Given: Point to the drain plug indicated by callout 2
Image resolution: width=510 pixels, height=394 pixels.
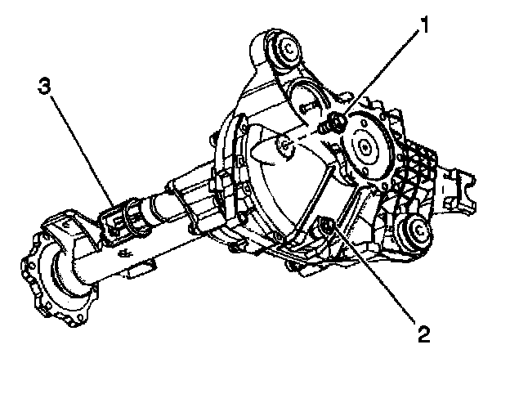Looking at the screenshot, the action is click(x=326, y=226).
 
